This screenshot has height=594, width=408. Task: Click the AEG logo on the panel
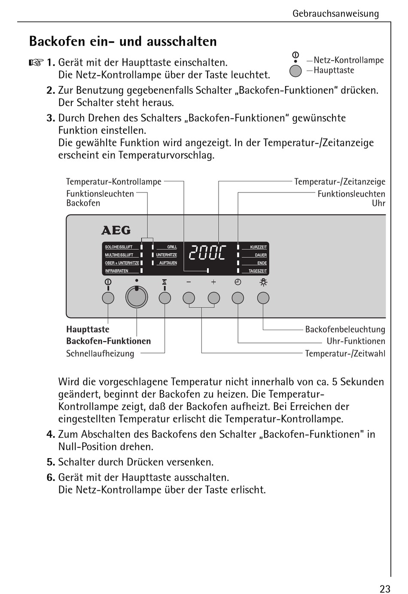pos(116,230)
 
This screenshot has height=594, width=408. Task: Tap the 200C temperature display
pos(207,253)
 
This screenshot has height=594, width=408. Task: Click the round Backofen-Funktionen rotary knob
pos(137,297)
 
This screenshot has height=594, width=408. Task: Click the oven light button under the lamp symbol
pos(263,298)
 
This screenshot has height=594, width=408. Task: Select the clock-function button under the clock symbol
pos(238,298)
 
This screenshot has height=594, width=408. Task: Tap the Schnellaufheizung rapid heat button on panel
pos(165,298)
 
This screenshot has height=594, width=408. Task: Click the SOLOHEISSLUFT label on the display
pos(119,247)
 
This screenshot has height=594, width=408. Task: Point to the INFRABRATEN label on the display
pos(117,271)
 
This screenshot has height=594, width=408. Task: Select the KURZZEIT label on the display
pos(258,247)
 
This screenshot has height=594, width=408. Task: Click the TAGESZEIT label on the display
pos(258,271)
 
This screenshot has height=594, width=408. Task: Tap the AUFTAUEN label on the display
pos(168,263)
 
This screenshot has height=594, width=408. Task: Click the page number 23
pos(385,589)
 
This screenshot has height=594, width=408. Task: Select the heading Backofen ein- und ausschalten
pos(123,41)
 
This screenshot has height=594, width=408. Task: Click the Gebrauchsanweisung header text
pos(335,14)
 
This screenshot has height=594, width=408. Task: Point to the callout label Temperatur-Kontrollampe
pos(114,182)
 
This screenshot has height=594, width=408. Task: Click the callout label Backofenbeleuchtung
pos(345,330)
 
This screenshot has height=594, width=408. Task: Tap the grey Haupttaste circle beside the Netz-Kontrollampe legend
pos(295,71)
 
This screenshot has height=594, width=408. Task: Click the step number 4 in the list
pos(51,435)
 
